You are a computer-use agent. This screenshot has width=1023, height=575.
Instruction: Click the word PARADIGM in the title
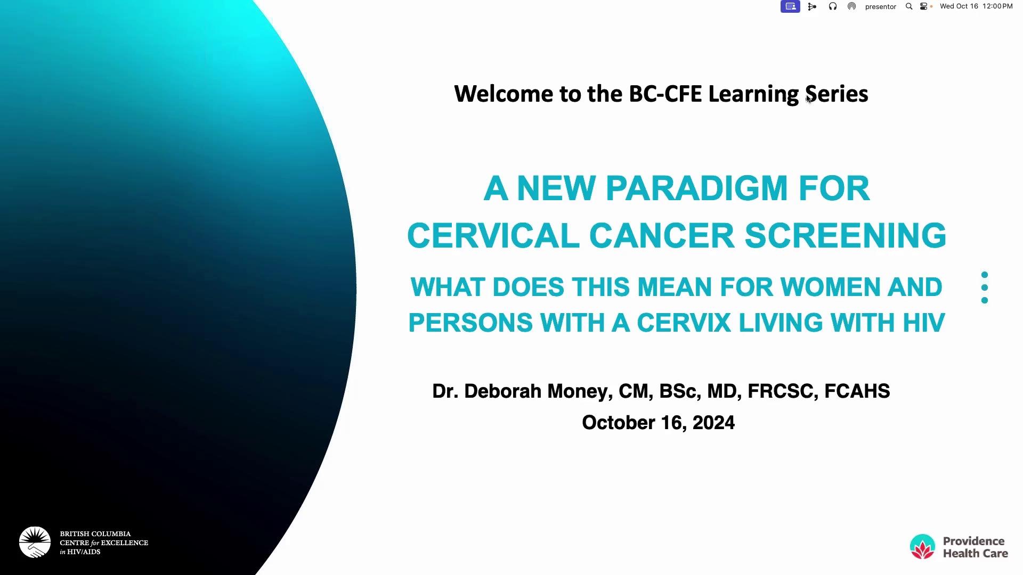pos(696,188)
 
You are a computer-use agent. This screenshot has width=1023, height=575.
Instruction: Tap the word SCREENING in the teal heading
pos(846,235)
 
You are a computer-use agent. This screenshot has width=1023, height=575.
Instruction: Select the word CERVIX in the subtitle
pos(684,323)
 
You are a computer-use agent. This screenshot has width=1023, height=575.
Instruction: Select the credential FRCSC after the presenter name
pos(783,391)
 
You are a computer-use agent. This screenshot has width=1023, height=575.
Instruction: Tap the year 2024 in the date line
pos(713,423)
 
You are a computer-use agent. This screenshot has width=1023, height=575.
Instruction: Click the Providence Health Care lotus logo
pos(922,547)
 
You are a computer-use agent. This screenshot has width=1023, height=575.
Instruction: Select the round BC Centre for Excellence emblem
pos(35,543)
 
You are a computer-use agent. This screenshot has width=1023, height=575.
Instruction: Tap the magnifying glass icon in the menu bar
pos(909,6)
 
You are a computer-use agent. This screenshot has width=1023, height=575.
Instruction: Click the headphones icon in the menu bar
pos(833,6)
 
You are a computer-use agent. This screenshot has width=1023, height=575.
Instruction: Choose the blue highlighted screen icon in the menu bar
pos(790,6)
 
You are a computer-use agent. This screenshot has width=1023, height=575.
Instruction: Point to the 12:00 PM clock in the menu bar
pos(997,6)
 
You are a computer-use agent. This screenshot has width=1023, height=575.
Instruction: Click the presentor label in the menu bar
pos(881,7)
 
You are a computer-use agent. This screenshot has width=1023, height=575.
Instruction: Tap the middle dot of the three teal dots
pos(985,287)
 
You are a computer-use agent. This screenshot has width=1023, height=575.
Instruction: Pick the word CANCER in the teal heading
pos(662,235)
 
